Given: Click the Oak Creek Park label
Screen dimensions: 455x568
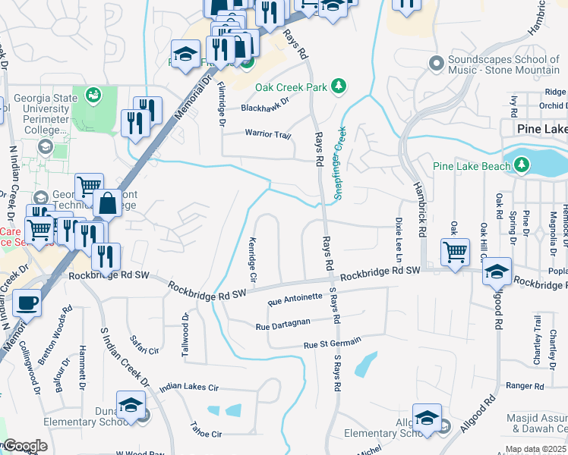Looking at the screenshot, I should pyautogui.click(x=280, y=87).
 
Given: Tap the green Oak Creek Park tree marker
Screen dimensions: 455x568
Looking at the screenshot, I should pyautogui.click(x=339, y=87).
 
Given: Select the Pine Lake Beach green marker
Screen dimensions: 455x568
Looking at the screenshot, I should pyautogui.click(x=521, y=165).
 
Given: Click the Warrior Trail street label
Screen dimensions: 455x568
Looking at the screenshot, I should pyautogui.click(x=267, y=134).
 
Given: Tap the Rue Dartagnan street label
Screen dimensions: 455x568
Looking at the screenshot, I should pyautogui.click(x=282, y=325).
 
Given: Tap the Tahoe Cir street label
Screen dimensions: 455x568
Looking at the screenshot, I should pyautogui.click(x=206, y=434).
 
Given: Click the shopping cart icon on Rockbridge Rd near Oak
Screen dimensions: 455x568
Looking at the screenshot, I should pyautogui.click(x=455, y=251).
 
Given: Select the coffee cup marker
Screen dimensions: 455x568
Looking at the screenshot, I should pyautogui.click(x=27, y=303).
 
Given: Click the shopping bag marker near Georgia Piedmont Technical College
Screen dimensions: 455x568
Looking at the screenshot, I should pyautogui.click(x=107, y=203).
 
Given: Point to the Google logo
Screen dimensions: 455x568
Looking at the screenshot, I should pyautogui.click(x=25, y=446).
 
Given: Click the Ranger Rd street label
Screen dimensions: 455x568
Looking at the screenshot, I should pyautogui.click(x=525, y=386).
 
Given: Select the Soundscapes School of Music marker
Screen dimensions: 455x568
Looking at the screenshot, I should pyautogui.click(x=436, y=62).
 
